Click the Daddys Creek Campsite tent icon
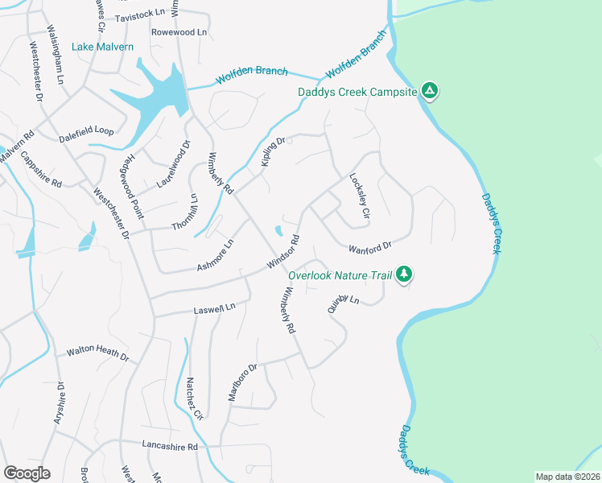point(431,91)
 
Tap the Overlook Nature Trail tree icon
point(404,275)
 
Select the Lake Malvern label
point(102,47)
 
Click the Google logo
point(27,473)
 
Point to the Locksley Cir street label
point(359,197)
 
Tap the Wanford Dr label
point(369,246)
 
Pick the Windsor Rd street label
point(283,254)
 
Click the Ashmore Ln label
point(216,256)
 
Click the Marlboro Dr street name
point(241,381)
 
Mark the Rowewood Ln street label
point(179,32)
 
